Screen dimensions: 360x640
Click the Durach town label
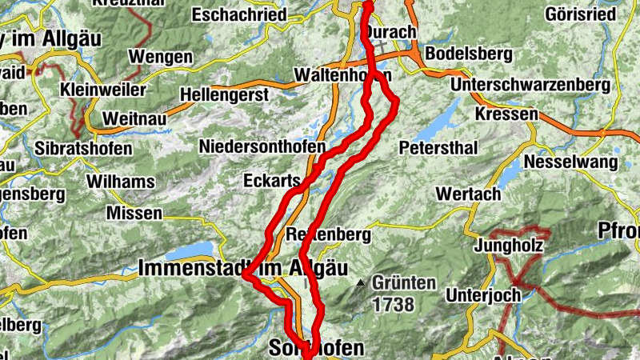pos(391,32)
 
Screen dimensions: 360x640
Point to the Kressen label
pos(506,114)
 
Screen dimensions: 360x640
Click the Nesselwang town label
pos(571,162)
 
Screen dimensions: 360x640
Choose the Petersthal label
pos(438,148)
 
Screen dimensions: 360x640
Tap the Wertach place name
pos(468,194)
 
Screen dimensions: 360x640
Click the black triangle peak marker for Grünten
pos(362,282)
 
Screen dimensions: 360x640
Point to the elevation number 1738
pos(392,304)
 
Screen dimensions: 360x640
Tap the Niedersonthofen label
pos(262,148)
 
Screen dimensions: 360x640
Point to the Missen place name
pos(134,214)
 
